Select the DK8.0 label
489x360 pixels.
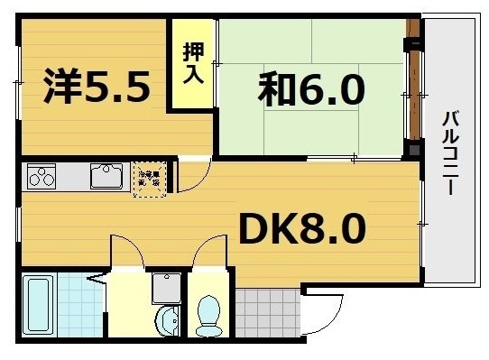coord(301,229)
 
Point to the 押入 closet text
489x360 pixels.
coord(193,64)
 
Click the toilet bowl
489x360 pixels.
coord(208,314)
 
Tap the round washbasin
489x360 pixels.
coord(167,318)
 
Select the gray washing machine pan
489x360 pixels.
coord(166,288)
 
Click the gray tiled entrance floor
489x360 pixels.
coord(267,311)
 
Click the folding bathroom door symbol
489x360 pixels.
coord(95,279)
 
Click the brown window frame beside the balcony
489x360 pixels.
coord(414,90)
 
